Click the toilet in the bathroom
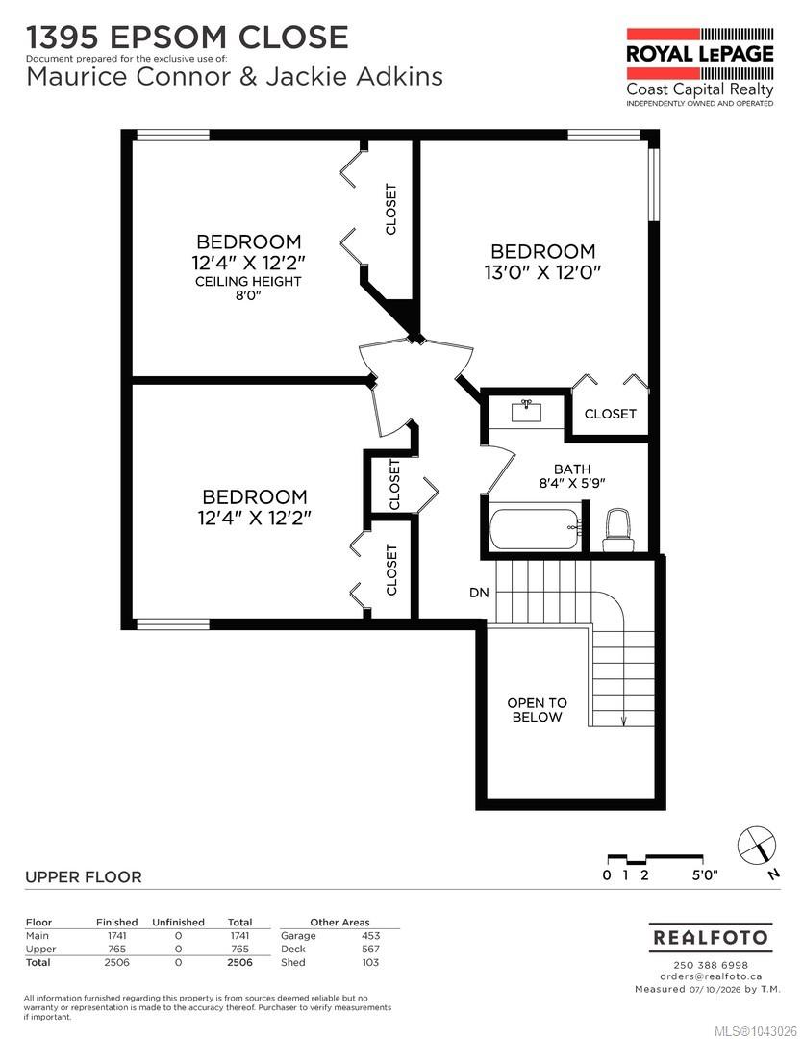tap(618, 530)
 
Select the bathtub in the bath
tap(536, 528)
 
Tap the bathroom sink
tap(527, 411)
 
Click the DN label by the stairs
tap(479, 593)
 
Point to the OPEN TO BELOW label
tap(538, 710)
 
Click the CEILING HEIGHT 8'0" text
tap(248, 288)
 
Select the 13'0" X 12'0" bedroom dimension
tap(542, 272)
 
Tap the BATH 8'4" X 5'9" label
tap(572, 476)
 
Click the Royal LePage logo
tap(700, 67)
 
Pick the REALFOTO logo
tap(711, 938)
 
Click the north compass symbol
tap(757, 847)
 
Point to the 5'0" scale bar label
tap(705, 874)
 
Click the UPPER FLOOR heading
tap(84, 876)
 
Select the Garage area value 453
tap(370, 936)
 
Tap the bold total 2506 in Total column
tap(239, 962)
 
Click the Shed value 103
tap(370, 962)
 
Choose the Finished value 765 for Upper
tap(116, 949)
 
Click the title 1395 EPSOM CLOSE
tap(187, 38)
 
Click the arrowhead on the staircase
tap(623, 721)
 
